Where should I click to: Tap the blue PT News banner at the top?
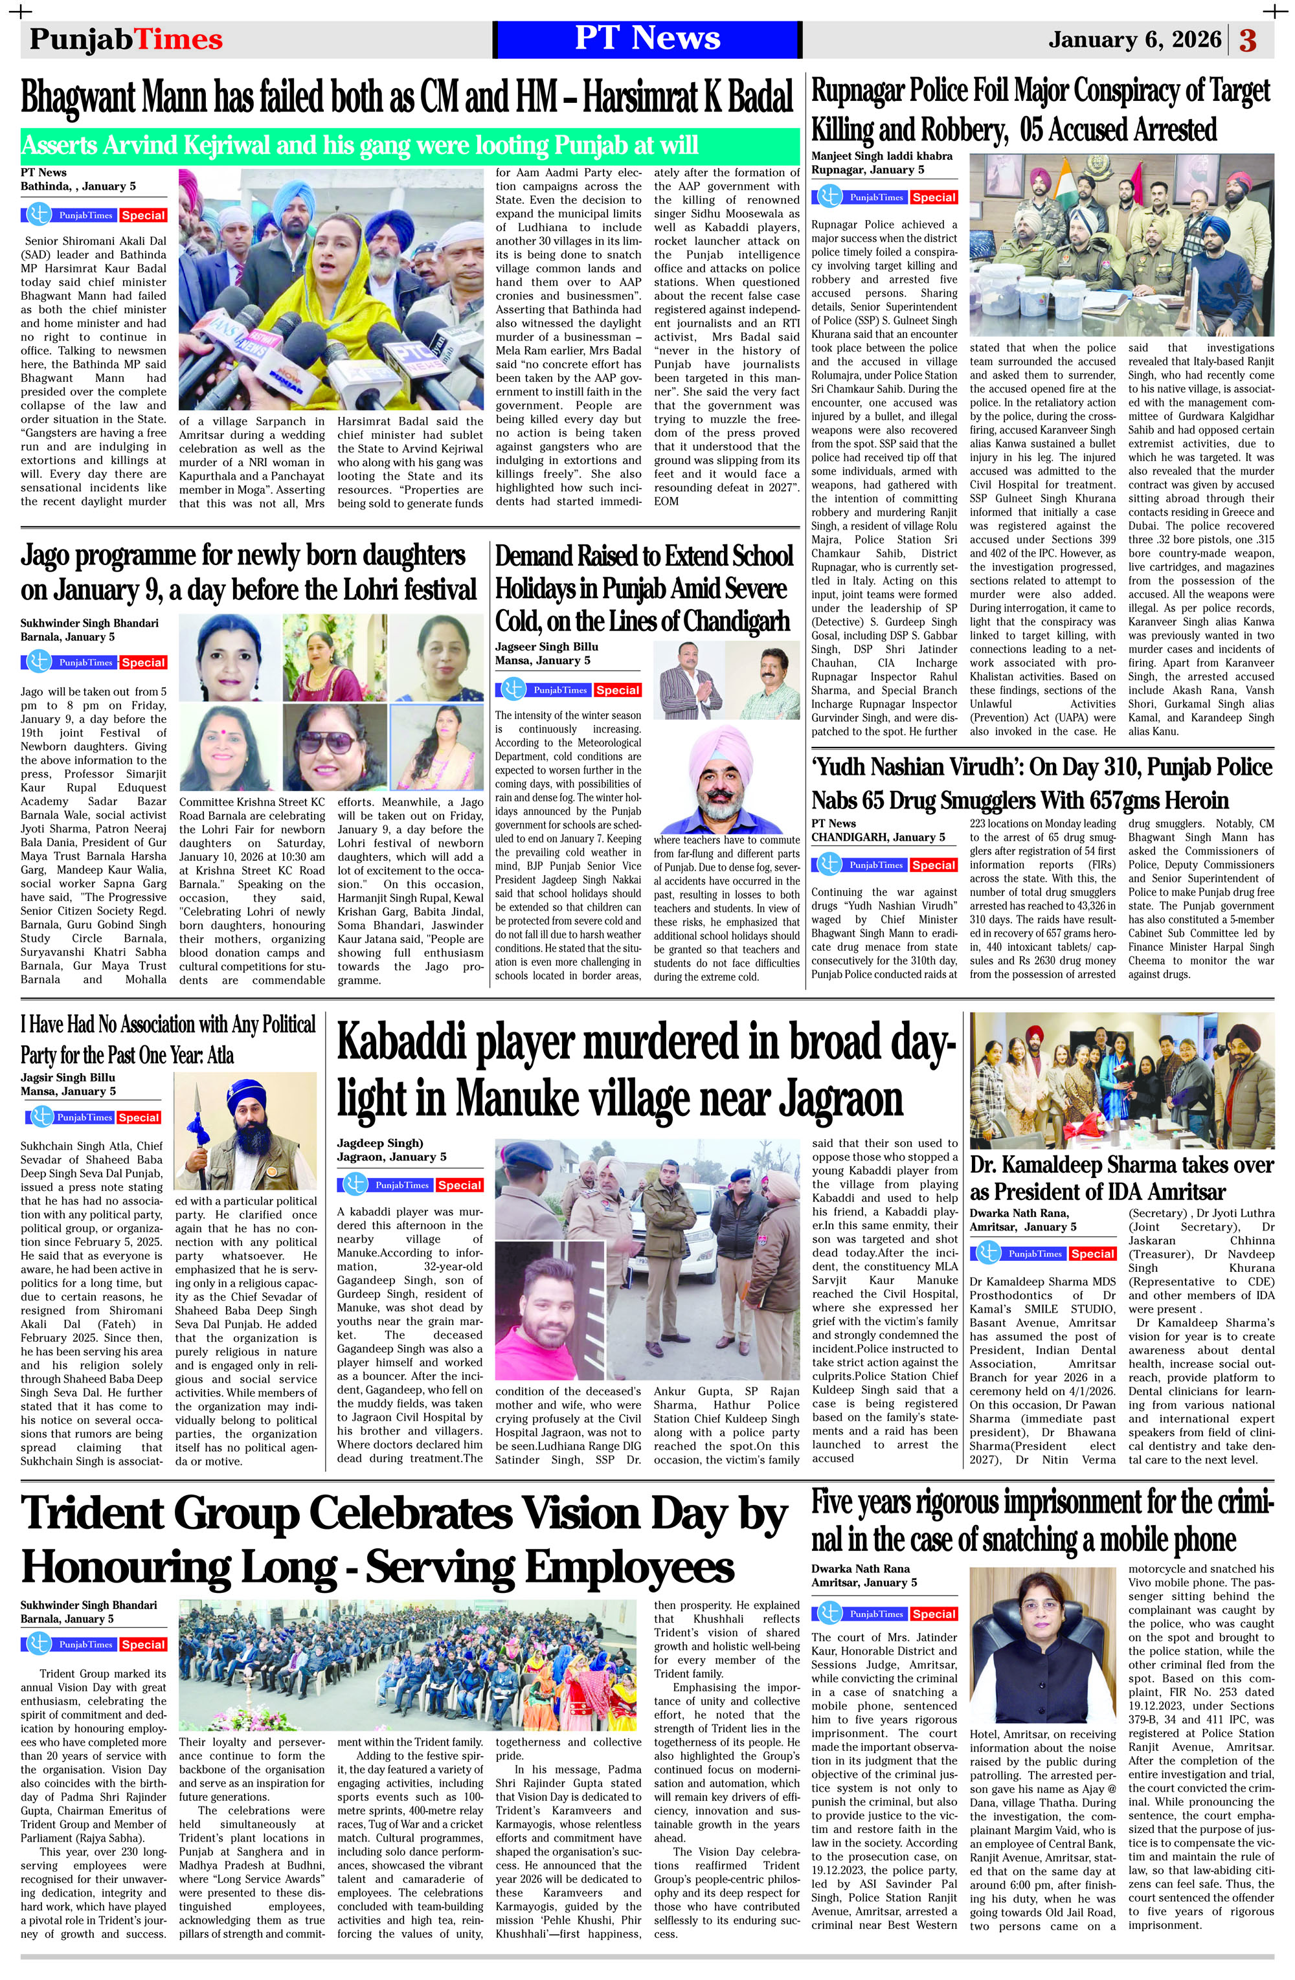(x=647, y=39)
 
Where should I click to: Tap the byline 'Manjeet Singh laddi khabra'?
(x=881, y=155)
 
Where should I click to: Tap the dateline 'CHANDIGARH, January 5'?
(x=878, y=837)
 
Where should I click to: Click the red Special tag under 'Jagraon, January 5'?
(x=460, y=1185)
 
